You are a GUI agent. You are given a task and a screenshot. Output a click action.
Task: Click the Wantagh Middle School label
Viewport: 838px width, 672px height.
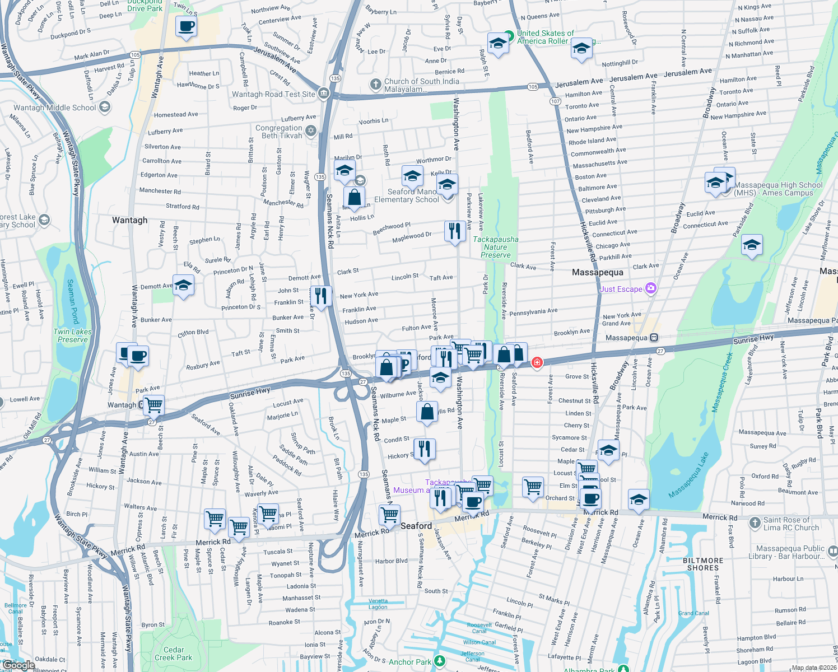point(55,108)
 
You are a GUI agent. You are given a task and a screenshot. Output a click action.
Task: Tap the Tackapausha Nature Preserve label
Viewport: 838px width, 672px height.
point(495,247)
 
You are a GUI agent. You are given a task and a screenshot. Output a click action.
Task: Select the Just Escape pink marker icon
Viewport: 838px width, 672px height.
point(650,288)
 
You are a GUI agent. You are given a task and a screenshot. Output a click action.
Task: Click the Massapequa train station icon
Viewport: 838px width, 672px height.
point(654,338)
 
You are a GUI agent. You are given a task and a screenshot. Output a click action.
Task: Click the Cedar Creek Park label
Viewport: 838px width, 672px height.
point(173,654)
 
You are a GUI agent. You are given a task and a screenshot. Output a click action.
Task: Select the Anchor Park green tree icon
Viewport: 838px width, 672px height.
point(440,661)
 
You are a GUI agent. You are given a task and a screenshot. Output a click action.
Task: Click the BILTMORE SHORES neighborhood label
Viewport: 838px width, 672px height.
point(703,564)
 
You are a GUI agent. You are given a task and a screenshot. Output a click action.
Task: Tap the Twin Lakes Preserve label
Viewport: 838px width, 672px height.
point(72,335)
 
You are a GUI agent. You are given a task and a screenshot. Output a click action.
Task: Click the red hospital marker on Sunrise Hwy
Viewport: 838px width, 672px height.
point(537,363)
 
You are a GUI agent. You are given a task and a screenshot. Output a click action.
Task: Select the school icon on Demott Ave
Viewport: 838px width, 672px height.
point(183,286)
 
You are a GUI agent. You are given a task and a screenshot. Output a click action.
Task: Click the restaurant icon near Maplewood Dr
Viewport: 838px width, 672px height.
point(454,231)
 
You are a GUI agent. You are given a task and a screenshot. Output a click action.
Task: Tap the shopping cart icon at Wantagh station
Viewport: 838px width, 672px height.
point(153,404)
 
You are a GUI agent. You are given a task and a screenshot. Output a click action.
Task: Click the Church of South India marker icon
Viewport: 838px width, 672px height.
point(375,85)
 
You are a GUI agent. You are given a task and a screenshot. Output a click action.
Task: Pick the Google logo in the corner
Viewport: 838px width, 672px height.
point(18,665)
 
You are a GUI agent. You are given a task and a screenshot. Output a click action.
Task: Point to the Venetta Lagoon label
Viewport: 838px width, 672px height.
point(378,604)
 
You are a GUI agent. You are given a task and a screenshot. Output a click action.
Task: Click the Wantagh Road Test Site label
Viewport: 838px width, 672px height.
point(273,94)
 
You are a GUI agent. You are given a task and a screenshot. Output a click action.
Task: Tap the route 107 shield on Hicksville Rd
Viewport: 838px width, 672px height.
point(555,101)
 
